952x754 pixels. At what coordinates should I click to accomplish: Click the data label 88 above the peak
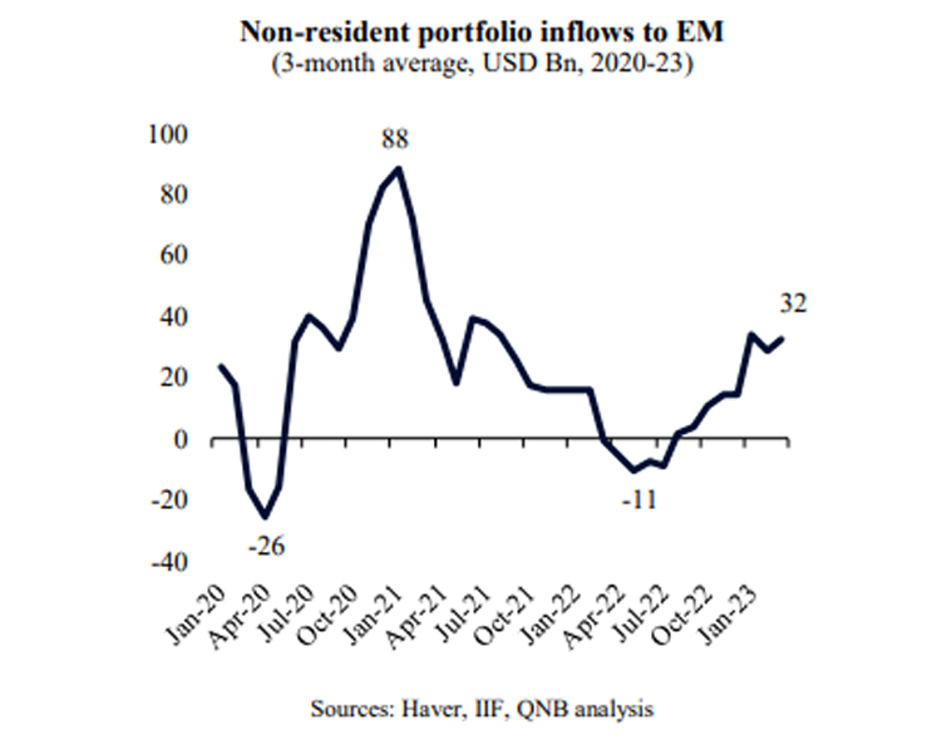[395, 140]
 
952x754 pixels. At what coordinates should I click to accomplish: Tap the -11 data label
[638, 499]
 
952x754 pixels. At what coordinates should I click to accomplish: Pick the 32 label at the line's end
[794, 304]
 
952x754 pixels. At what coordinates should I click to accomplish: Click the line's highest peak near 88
[398, 169]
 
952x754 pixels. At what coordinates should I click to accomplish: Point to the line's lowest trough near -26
[265, 517]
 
